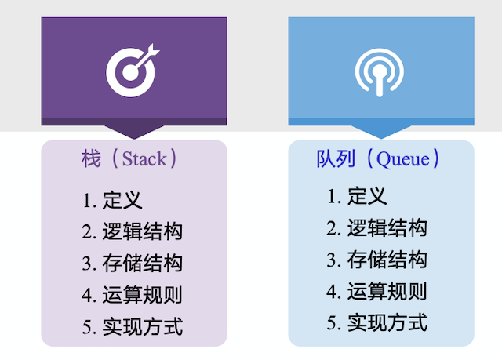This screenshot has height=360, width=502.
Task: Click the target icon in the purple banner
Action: [x=133, y=69]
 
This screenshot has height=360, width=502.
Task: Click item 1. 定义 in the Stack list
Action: [x=112, y=200]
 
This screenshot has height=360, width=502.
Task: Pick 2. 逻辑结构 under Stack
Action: [x=132, y=231]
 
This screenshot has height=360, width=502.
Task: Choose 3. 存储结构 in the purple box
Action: [x=132, y=263]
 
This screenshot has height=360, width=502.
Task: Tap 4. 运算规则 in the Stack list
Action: [x=132, y=295]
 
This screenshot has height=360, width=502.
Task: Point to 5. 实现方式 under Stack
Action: [x=132, y=326]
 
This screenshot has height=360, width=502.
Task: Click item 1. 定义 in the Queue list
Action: [x=357, y=196]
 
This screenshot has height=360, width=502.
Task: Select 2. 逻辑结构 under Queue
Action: [x=376, y=228]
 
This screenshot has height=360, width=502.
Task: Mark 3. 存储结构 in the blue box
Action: [x=376, y=260]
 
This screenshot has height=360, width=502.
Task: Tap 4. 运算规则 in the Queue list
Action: [x=376, y=292]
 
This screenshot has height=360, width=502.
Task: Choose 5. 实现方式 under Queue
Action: [x=376, y=322]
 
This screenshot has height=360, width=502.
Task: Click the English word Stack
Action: [x=144, y=159]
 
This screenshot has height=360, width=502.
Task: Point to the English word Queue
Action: [x=403, y=159]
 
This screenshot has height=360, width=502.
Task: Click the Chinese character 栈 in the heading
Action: [x=91, y=159]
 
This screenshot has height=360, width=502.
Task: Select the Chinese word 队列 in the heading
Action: [x=334, y=159]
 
